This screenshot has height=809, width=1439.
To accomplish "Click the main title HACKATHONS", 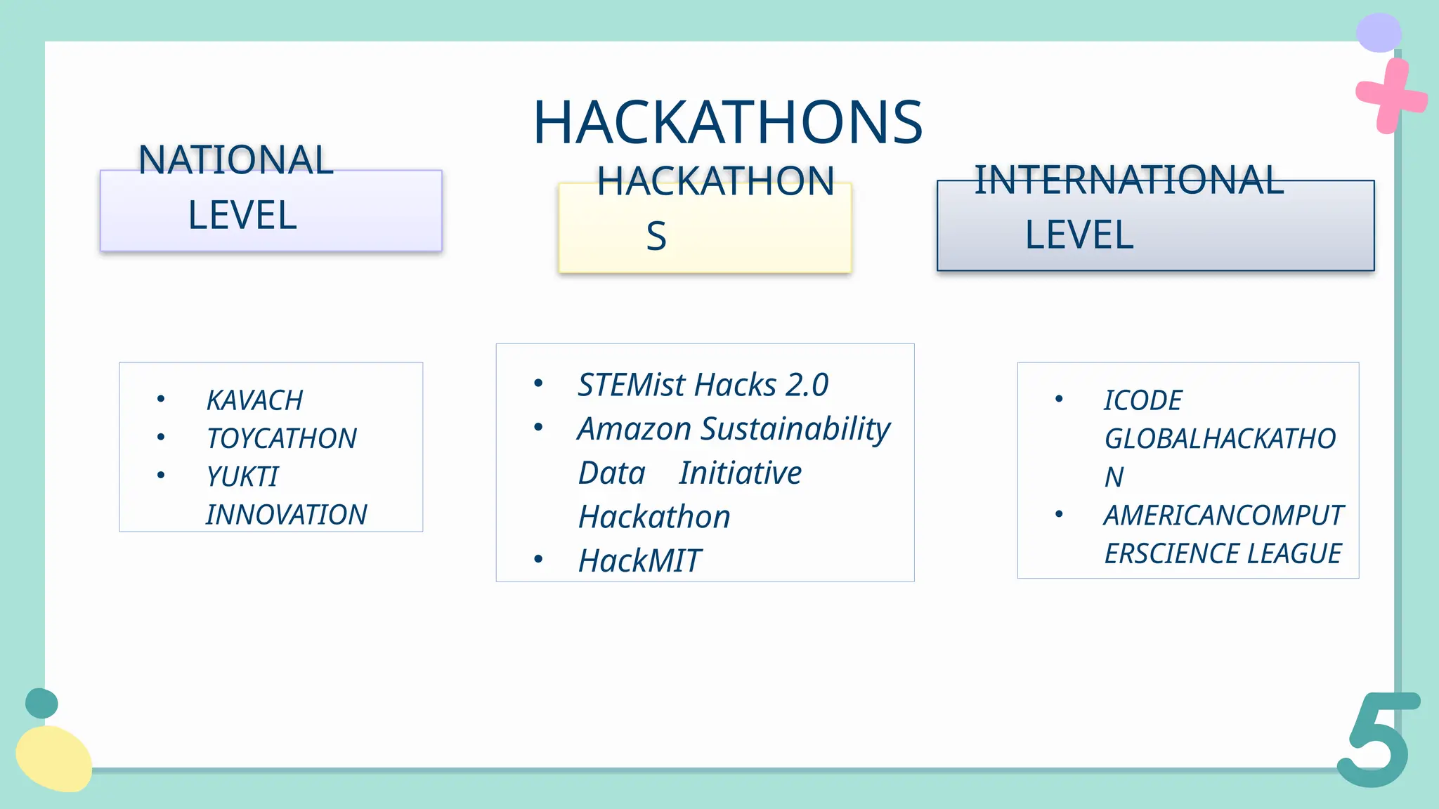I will click(727, 123).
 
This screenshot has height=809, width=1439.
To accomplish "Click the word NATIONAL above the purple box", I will click(235, 160).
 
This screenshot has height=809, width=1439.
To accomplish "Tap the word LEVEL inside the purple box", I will click(242, 216).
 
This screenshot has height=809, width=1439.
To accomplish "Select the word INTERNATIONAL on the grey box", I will click(1128, 180).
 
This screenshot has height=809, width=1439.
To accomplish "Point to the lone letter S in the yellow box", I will click(656, 237).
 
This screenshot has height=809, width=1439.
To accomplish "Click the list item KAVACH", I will click(254, 400).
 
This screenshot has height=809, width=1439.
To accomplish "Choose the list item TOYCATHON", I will click(281, 439).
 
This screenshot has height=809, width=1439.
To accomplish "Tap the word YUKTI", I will click(242, 477).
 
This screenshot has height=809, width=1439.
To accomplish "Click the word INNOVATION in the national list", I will click(286, 515).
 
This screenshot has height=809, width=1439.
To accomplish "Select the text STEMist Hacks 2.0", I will click(703, 385).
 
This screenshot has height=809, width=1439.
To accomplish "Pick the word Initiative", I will click(740, 473).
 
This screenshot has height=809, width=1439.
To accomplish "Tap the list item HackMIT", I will click(639, 561).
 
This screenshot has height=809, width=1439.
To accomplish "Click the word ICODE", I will click(1142, 400).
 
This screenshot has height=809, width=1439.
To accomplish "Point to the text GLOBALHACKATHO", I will click(1219, 439).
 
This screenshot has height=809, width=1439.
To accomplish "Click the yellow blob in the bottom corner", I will click(53, 759).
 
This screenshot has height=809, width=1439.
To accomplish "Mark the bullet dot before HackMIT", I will click(538, 560).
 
